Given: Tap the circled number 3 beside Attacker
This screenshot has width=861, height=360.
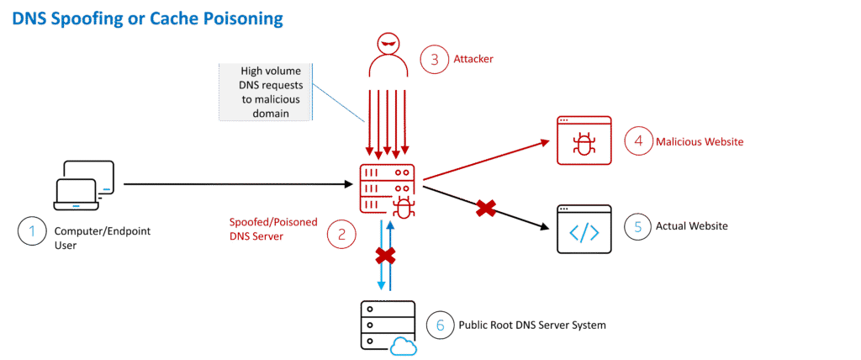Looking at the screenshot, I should tap(434, 59).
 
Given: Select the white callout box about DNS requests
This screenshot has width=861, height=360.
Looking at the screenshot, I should tap(263, 90).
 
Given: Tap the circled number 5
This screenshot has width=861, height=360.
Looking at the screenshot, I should tap(637, 227).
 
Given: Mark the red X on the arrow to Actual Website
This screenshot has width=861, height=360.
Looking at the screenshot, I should tap(485, 208).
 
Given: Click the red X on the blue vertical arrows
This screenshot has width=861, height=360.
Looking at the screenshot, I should tap(385, 255).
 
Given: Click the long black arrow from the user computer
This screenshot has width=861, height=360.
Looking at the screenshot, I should tap(235, 183).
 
